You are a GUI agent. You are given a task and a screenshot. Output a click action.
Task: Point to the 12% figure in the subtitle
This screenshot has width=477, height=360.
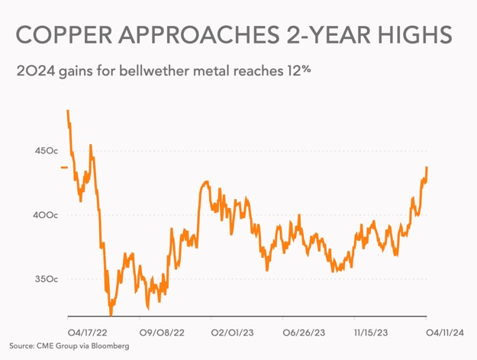point(300,72)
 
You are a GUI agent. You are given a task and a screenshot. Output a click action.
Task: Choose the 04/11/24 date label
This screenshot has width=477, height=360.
point(446,333)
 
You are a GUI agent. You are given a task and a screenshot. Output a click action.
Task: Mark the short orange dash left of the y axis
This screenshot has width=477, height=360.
point(64,166)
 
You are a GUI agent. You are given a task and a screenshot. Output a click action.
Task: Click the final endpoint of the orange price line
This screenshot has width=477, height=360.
point(427,167)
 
